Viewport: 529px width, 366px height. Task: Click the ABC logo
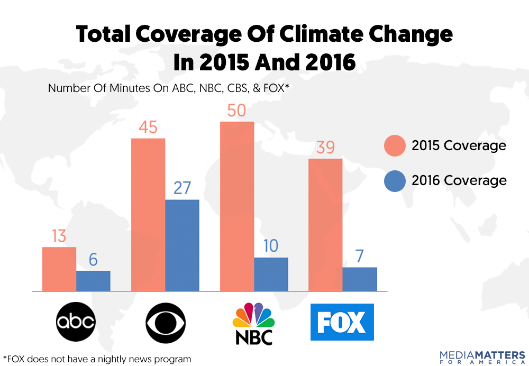[76, 322]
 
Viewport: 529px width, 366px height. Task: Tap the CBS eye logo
[165, 322]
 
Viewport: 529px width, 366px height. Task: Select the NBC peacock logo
[253, 323]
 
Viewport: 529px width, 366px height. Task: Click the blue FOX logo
[342, 322]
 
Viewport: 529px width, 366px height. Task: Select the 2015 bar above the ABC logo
[59, 269]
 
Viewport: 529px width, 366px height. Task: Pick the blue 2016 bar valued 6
[93, 281]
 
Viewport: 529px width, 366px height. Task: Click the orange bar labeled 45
[148, 214]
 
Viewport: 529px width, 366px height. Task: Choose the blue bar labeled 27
[182, 245]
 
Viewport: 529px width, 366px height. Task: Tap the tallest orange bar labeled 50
[237, 206]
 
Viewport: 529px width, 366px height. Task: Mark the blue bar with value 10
[271, 274]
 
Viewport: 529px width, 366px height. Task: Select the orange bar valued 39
[325, 224]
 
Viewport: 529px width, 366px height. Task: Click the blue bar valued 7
[360, 279]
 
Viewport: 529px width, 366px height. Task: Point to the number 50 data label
[237, 111]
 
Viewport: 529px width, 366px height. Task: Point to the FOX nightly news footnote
[97, 359]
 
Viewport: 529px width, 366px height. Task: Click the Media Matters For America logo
[482, 356]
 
